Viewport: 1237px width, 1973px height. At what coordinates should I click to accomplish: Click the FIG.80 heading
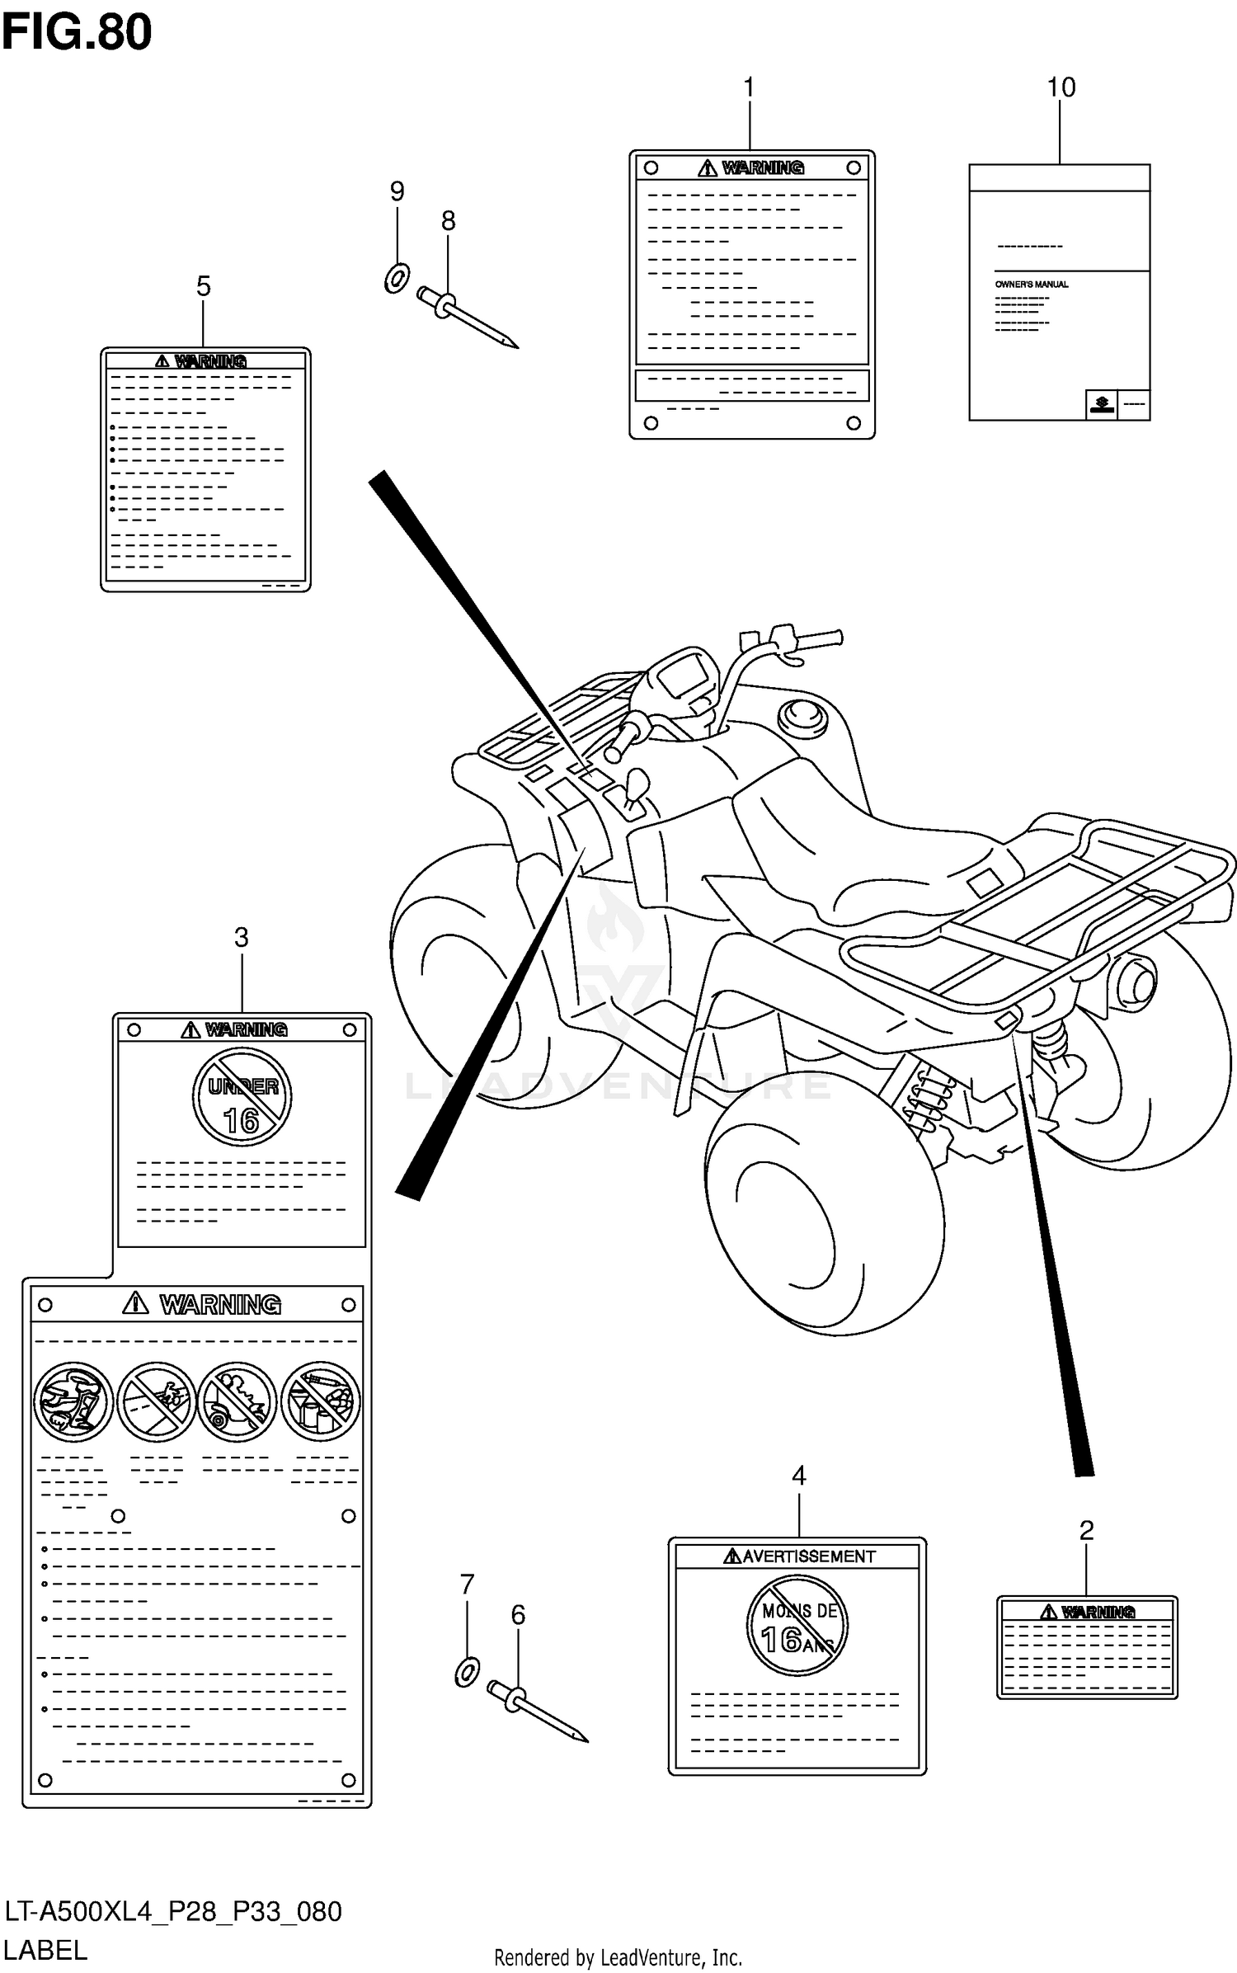tap(77, 33)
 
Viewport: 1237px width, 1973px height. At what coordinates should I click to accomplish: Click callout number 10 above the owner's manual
tap(1061, 87)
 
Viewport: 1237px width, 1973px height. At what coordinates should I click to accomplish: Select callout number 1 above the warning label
tap(749, 87)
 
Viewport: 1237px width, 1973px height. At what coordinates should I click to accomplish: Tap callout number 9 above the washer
tap(397, 191)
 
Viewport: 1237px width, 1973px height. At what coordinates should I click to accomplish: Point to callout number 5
tap(203, 286)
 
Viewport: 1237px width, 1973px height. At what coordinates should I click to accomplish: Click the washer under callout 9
tap(397, 278)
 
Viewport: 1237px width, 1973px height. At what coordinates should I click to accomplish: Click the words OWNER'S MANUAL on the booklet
tap(1031, 284)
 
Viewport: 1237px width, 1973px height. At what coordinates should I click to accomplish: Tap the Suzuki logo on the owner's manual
tap(1101, 403)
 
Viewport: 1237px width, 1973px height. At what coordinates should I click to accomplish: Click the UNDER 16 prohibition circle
tap(242, 1096)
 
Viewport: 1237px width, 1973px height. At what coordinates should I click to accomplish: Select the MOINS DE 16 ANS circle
tap(797, 1624)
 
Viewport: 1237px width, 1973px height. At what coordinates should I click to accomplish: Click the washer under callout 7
tap(466, 1673)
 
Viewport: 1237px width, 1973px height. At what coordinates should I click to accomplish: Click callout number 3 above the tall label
tap(241, 937)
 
